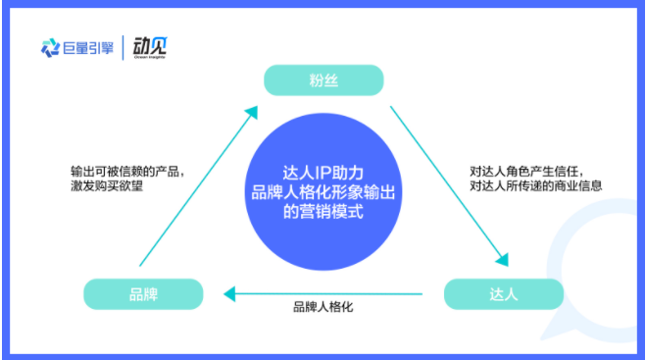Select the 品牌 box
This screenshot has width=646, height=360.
click(143, 293)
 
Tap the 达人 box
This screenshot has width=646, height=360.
click(504, 293)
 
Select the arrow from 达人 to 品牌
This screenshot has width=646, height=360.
click(323, 292)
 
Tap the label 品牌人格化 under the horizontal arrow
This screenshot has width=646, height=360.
click(323, 308)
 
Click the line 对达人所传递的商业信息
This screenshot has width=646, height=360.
click(535, 184)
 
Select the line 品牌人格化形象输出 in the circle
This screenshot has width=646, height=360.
click(323, 188)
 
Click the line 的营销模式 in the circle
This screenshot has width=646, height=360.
click(323, 210)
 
